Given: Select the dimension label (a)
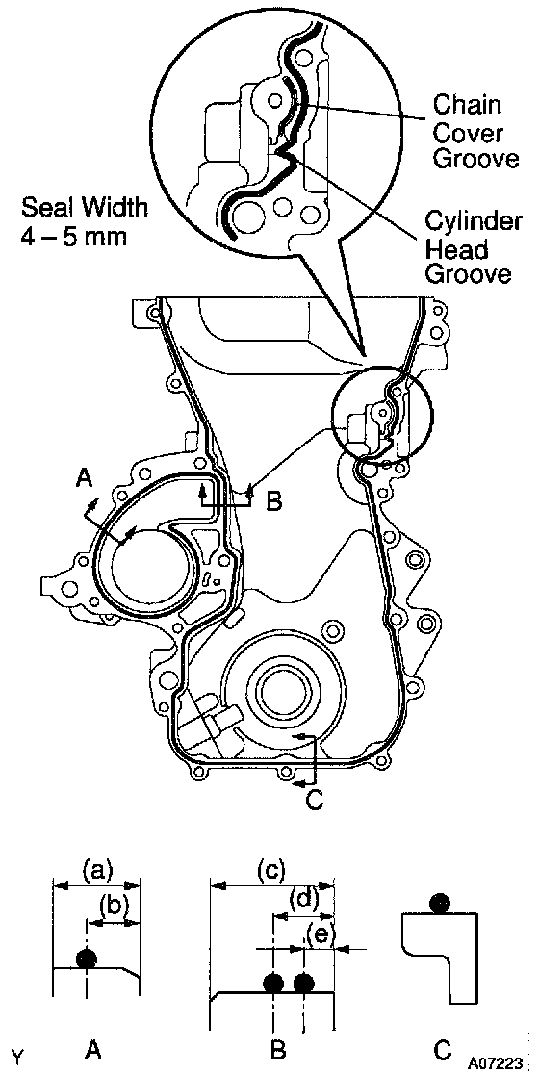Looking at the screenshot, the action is point(96,872).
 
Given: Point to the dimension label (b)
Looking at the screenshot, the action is point(113,905).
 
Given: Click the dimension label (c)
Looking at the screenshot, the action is point(270,871).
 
